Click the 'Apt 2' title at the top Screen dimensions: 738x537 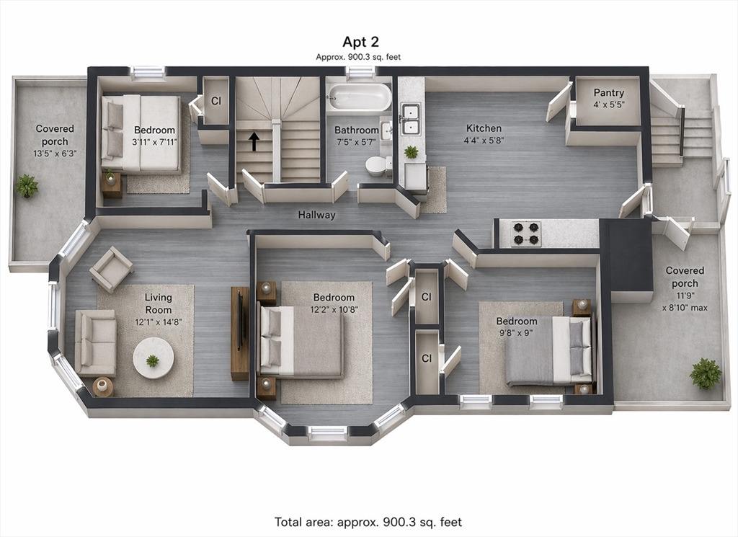360,42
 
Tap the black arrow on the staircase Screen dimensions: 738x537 254,141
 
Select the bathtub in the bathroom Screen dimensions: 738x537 359,97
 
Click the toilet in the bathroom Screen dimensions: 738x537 378,166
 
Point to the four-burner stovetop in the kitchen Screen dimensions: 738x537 526,234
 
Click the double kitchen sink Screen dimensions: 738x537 410,120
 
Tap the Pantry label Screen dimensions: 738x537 608,93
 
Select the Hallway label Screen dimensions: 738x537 317,215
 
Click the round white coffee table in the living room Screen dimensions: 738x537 153,358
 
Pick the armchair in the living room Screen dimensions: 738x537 111,270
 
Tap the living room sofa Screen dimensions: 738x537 96,342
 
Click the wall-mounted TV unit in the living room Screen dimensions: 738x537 239,333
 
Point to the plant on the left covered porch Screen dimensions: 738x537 27,186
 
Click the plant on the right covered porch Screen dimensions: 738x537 705,373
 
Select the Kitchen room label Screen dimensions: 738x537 484,128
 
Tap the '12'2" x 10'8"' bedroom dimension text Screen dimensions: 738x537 334,310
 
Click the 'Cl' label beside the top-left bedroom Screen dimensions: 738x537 216,101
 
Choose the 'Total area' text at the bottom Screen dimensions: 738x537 368,522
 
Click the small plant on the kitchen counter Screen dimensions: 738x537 411,151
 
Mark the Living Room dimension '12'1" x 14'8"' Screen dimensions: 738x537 158,322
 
